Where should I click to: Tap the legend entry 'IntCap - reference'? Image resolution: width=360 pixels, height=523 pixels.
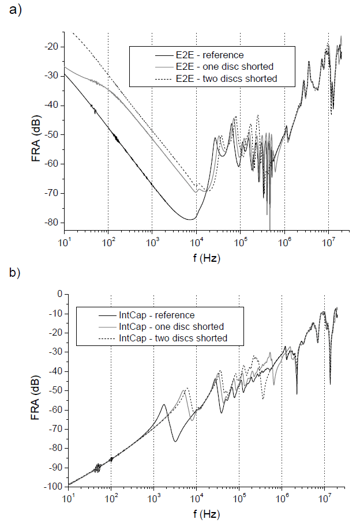[x=156, y=315]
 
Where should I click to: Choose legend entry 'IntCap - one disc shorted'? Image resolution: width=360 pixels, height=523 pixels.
[x=171, y=326]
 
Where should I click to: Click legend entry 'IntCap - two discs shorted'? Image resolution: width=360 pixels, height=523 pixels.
[x=172, y=337]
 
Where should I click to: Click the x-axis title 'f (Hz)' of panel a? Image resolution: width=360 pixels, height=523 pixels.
[x=204, y=258]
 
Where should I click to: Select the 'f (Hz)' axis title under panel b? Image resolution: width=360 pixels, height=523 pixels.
[x=204, y=513]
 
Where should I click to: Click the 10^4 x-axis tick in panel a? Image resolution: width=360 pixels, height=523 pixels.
[x=196, y=242]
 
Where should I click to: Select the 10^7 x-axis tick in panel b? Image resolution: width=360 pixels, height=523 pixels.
[x=324, y=497]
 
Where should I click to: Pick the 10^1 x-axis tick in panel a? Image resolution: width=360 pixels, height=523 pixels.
[x=64, y=242]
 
